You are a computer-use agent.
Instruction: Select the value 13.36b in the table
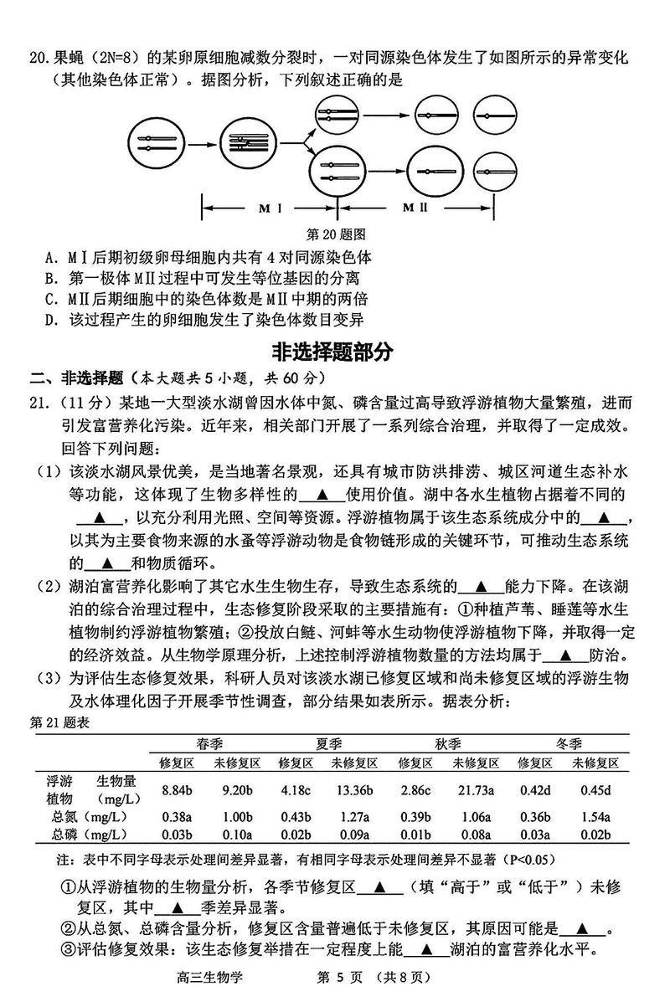click(352, 789)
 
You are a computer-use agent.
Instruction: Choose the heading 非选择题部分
click(333, 351)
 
